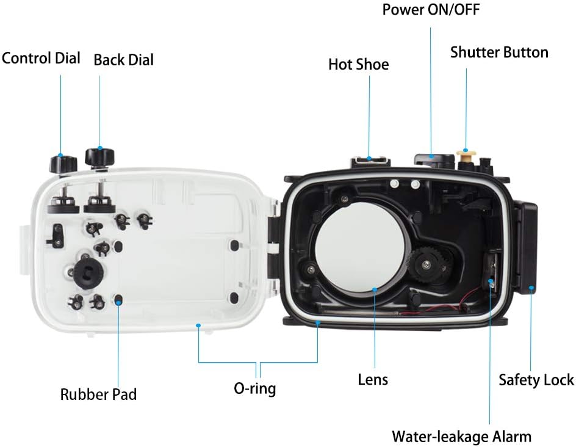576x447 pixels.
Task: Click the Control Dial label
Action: (x=41, y=58)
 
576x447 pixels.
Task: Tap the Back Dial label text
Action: (x=124, y=60)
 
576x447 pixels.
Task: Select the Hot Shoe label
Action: (x=359, y=64)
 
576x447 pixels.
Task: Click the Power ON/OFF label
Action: (x=431, y=10)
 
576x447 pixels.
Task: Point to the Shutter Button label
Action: (x=499, y=52)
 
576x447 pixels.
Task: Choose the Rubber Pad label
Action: (x=98, y=394)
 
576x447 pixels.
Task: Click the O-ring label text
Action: (x=255, y=388)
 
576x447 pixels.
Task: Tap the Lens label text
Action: (x=373, y=379)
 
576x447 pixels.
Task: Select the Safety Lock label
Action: (x=536, y=380)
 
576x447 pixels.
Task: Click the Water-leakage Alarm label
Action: (x=462, y=437)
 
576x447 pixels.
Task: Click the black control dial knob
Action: (x=63, y=164)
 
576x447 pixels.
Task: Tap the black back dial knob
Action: (x=99, y=157)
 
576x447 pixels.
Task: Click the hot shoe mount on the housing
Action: (x=370, y=161)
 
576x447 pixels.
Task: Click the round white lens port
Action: (x=361, y=246)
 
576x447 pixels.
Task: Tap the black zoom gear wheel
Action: (x=426, y=263)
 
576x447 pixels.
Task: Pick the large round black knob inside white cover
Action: (x=88, y=272)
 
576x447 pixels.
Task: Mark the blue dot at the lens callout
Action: (x=375, y=289)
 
